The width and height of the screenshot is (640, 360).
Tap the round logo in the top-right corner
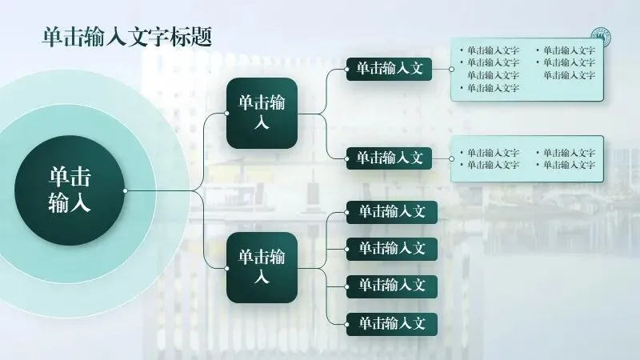tap(600, 38)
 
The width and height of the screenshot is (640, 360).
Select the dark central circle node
tap(70, 190)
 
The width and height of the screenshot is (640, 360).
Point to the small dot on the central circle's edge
tap(125, 190)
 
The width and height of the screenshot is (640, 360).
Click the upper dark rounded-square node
tap(262, 113)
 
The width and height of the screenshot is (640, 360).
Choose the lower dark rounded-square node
tap(262, 267)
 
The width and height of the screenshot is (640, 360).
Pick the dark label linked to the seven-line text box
tap(389, 69)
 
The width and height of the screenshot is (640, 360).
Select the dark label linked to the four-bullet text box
tap(389, 158)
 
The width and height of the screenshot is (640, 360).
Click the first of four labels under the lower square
tap(392, 212)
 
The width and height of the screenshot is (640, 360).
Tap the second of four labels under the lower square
tap(392, 249)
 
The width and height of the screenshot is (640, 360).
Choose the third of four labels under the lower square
tap(392, 286)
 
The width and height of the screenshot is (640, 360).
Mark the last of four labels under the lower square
tap(392, 324)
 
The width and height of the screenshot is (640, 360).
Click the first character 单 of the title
tap(52, 37)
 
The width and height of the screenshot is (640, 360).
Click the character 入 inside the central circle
tap(80, 203)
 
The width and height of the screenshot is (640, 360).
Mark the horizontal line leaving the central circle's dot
tap(160, 190)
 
